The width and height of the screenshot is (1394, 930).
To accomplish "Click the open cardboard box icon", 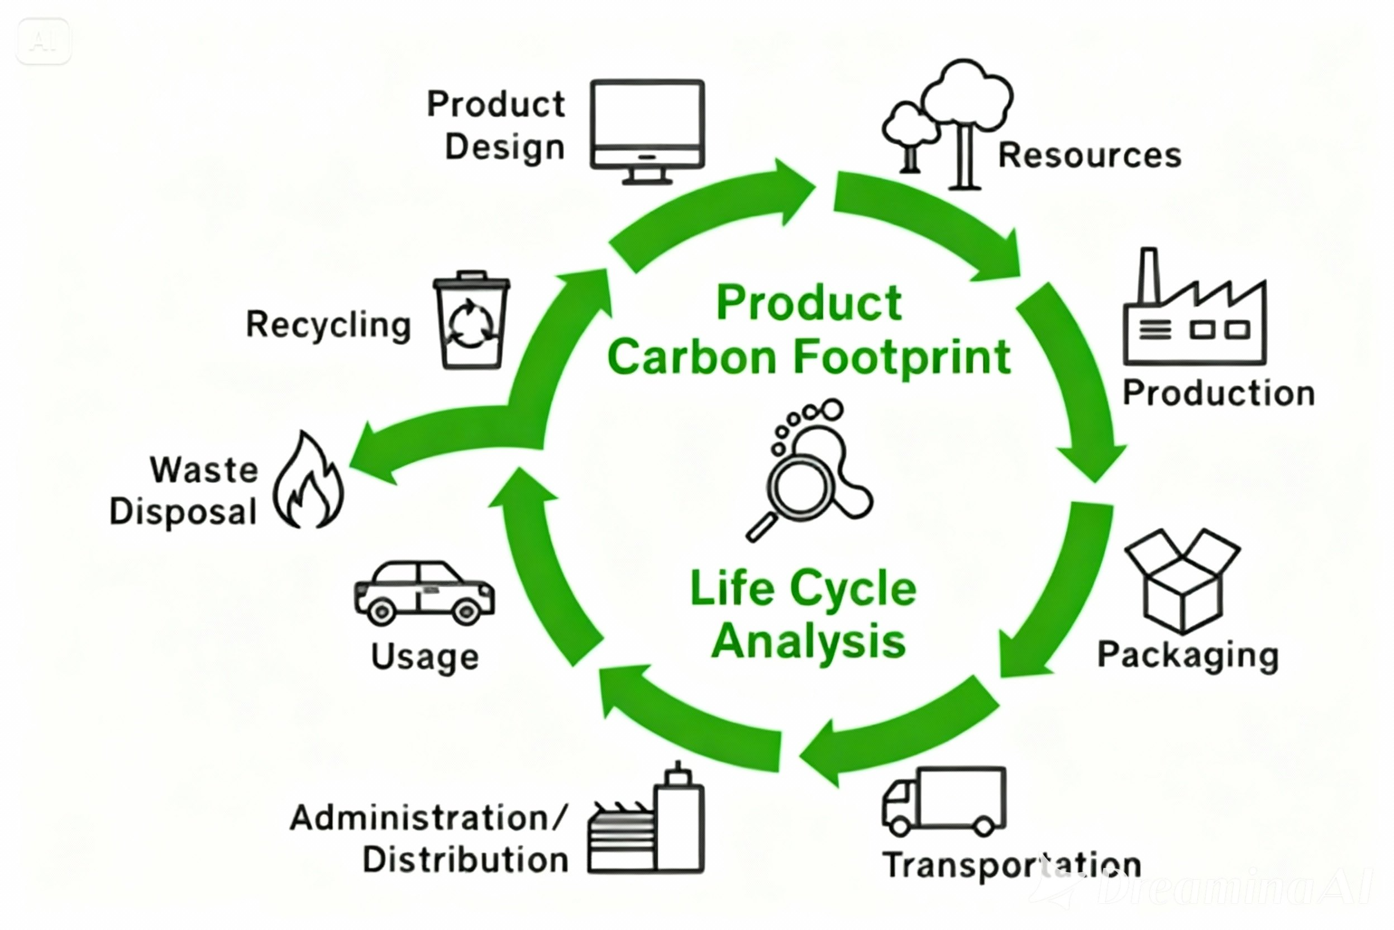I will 1182,581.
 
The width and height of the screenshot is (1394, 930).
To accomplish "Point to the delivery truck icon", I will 943,801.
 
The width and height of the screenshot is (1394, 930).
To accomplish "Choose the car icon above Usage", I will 424,593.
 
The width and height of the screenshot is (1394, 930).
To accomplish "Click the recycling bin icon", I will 471,320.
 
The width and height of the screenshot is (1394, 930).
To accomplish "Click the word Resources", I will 1090,155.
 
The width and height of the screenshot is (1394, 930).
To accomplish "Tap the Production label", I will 1219,393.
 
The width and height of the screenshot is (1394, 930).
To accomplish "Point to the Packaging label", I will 1188,656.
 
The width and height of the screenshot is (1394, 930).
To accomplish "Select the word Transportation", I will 1011,865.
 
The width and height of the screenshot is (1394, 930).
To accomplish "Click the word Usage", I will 425,657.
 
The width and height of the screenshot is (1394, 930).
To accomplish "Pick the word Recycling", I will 328,325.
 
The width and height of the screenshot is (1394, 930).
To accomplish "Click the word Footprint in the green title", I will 901,358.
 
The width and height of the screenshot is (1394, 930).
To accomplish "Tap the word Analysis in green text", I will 809,642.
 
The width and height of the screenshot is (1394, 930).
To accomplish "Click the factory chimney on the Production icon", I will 1149,276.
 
